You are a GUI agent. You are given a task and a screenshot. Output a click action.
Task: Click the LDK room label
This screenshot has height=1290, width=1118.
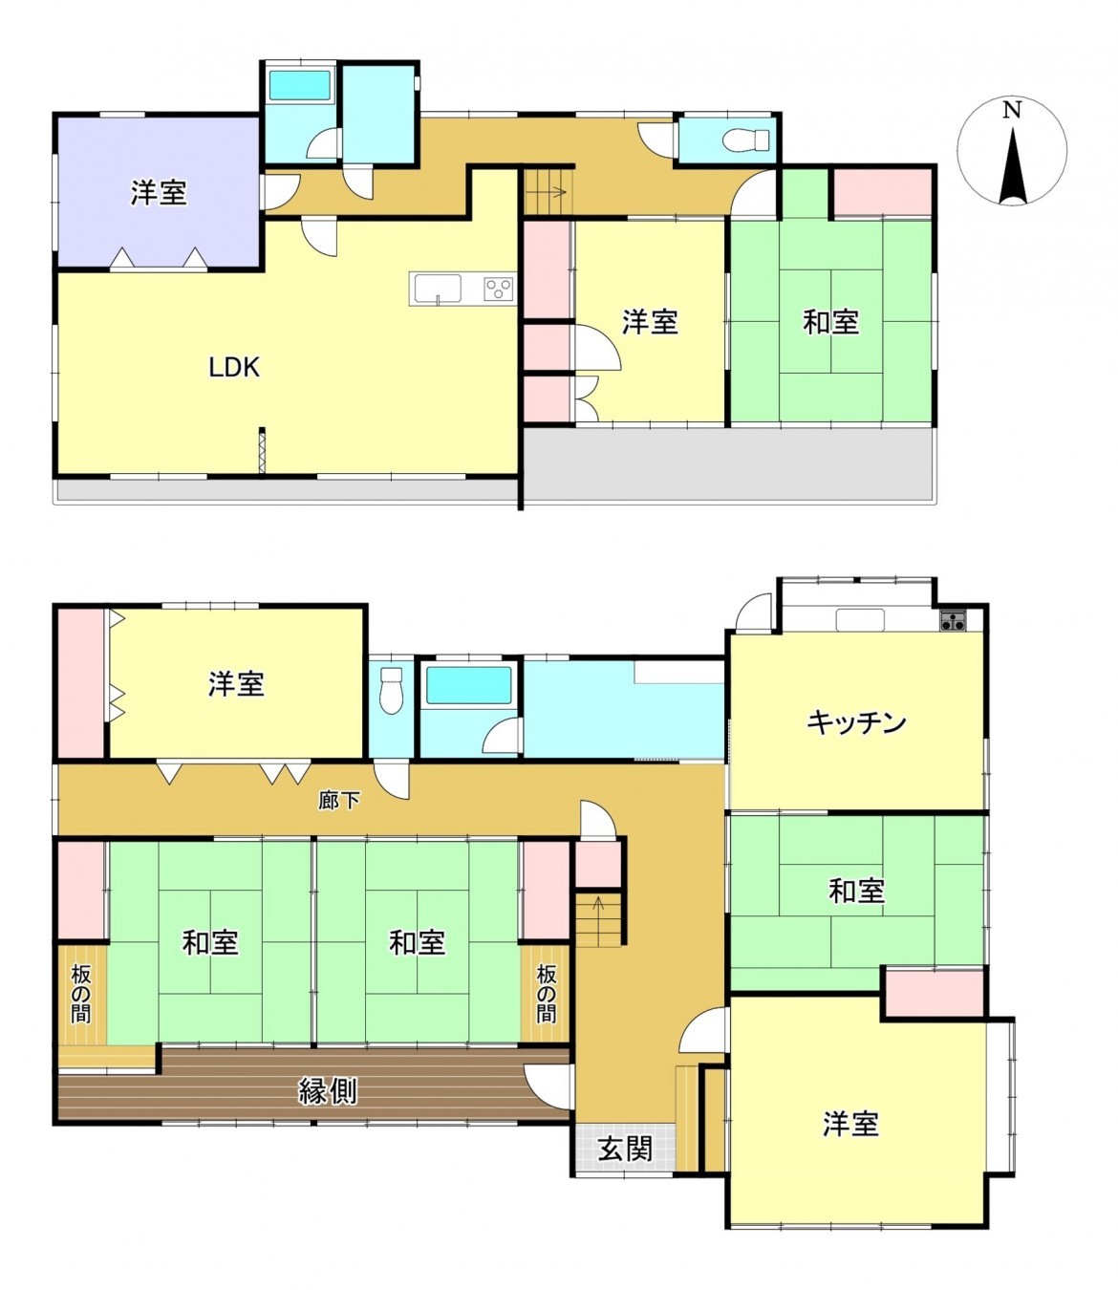pos(234,367)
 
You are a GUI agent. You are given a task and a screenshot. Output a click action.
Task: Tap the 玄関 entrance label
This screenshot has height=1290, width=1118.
pos(625,1148)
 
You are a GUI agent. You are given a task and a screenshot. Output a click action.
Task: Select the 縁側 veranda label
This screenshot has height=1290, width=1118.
pos(328,1090)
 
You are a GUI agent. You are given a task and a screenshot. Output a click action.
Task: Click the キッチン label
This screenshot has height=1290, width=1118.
pos(856,722)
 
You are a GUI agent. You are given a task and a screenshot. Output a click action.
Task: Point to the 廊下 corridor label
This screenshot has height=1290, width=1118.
pos(339,800)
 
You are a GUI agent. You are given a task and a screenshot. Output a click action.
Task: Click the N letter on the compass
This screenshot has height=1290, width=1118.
pos(1012,110)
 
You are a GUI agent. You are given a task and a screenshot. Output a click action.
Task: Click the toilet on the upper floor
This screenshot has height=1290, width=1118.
pos(748,140)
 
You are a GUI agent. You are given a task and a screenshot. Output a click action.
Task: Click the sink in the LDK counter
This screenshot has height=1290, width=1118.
pos(438,287)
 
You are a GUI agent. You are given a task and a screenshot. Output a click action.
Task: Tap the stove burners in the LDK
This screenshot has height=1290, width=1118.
pos(498,288)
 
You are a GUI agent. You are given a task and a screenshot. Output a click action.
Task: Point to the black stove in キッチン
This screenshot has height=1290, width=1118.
pos(953,621)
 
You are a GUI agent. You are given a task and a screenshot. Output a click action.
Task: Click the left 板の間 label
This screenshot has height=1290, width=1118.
pos(81,994)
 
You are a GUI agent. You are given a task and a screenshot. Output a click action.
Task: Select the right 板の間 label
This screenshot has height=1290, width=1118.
pos(546,994)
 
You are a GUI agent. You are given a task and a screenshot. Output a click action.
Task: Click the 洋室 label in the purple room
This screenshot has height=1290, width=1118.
pos(159,194)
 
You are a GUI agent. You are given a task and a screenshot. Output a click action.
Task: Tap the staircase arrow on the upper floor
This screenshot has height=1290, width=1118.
pos(549,192)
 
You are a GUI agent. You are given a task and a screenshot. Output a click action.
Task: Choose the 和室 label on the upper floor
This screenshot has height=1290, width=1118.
pos(830,322)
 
